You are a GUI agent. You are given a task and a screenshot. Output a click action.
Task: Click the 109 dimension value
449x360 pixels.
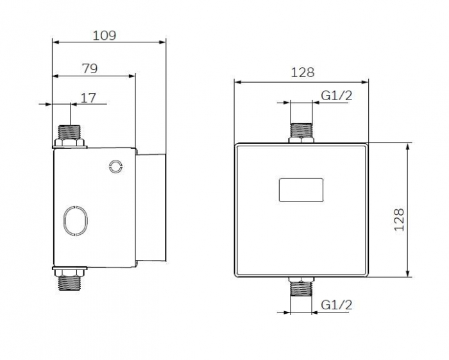[105, 35]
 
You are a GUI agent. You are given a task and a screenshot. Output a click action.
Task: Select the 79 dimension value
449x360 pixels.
[90, 69]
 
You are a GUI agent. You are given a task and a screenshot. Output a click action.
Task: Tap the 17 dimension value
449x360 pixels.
[89, 98]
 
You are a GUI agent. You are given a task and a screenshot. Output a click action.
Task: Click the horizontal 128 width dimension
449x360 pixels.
[303, 73]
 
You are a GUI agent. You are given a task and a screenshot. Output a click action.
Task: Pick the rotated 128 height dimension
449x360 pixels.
[399, 219]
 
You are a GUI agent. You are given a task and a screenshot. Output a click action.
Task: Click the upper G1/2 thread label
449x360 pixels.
[337, 96]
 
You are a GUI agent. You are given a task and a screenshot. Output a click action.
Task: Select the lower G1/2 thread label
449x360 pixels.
[337, 305]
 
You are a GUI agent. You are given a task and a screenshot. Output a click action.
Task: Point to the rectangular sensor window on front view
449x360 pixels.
[301, 190]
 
